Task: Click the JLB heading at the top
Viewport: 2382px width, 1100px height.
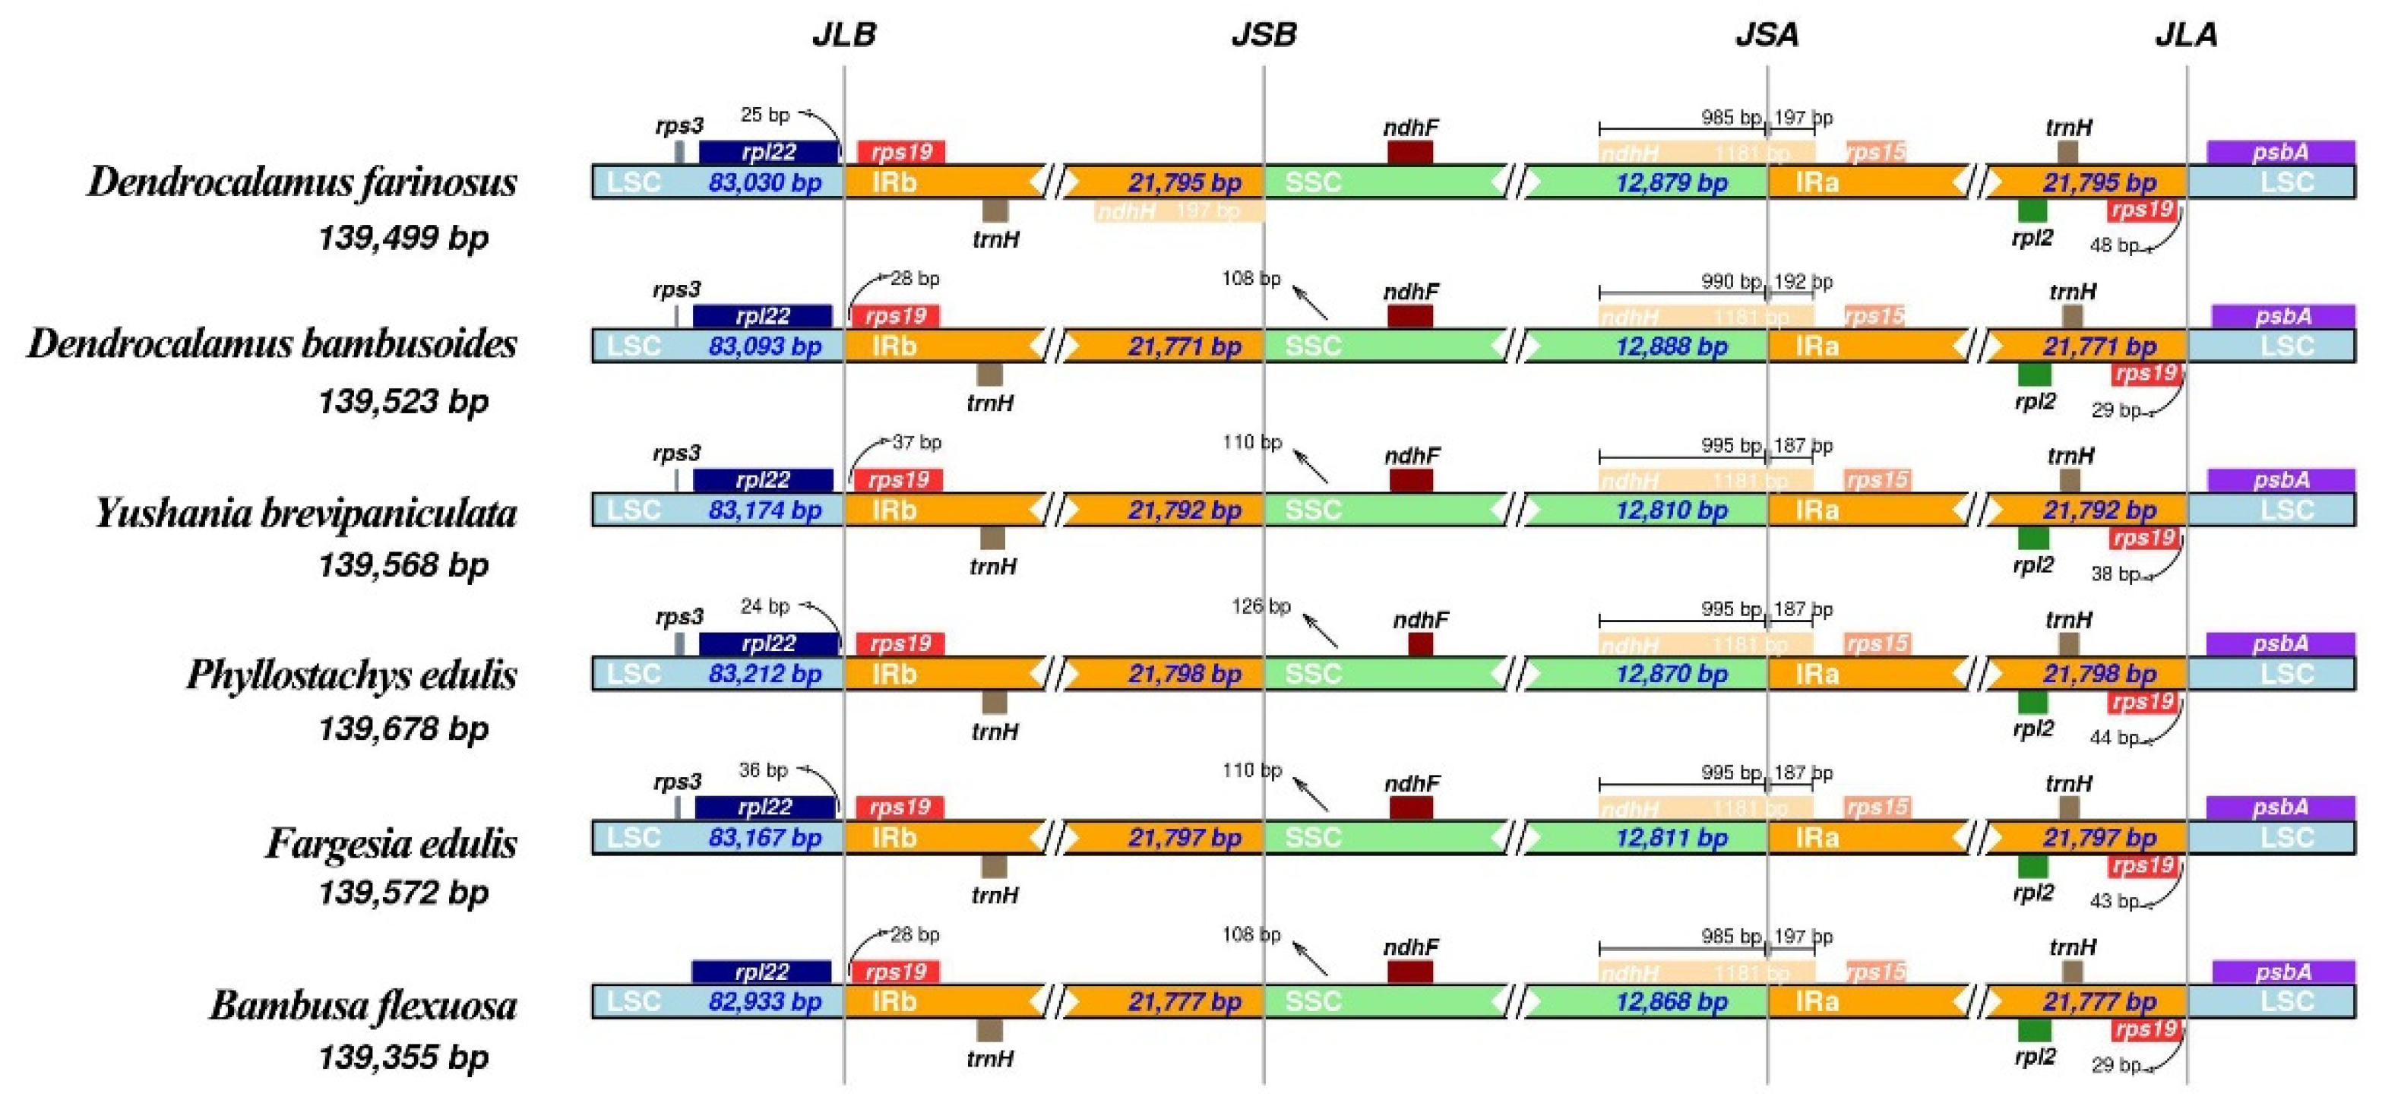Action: click(x=843, y=34)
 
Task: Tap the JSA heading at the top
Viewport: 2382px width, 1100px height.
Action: click(x=1766, y=34)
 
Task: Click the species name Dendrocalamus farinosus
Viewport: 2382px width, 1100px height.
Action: click(x=302, y=181)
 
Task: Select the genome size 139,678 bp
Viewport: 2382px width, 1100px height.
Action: click(x=403, y=729)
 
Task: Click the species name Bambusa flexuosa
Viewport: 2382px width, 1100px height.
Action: click(x=362, y=1006)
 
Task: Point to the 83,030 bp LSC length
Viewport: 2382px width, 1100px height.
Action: click(x=764, y=182)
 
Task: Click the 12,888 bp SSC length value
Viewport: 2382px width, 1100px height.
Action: click(x=1671, y=346)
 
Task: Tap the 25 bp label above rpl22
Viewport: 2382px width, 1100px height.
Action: click(x=764, y=115)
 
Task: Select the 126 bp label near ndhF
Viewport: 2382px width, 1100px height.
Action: click(x=1261, y=606)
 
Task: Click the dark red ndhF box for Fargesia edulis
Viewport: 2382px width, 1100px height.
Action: click(x=1411, y=807)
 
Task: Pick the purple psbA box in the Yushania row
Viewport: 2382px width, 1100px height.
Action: click(x=2280, y=480)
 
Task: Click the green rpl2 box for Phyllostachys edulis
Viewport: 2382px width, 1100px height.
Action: click(x=2032, y=702)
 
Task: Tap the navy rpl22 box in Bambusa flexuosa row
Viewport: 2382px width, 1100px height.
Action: click(x=761, y=972)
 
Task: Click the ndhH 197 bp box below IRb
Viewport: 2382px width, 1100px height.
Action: click(x=1179, y=212)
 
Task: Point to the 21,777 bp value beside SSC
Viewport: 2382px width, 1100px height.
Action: click(x=1185, y=1001)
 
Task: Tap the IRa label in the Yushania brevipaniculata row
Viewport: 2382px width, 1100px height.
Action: click(x=1816, y=510)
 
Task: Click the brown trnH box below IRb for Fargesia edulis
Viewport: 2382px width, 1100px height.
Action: click(x=994, y=866)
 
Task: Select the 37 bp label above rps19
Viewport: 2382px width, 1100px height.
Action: click(x=916, y=443)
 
